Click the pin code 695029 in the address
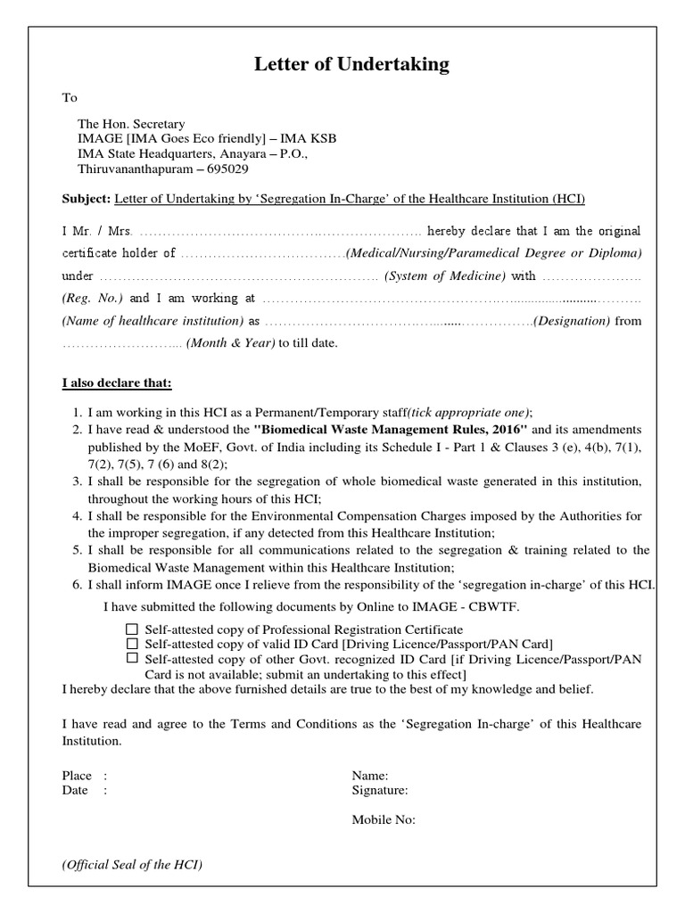coord(226,169)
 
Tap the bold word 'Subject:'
coord(86,198)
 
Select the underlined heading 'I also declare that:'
coord(116,383)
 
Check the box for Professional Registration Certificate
coord(132,629)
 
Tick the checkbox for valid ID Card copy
coord(132,644)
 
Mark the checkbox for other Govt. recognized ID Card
coord(132,658)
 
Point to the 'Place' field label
coord(77,776)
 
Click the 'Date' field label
coord(75,790)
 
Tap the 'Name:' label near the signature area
coord(370,776)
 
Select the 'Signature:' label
coord(380,790)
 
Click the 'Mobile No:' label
coord(384,820)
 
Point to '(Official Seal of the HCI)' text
coord(132,866)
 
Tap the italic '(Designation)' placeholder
coord(572,320)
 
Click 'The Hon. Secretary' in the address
coord(132,124)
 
